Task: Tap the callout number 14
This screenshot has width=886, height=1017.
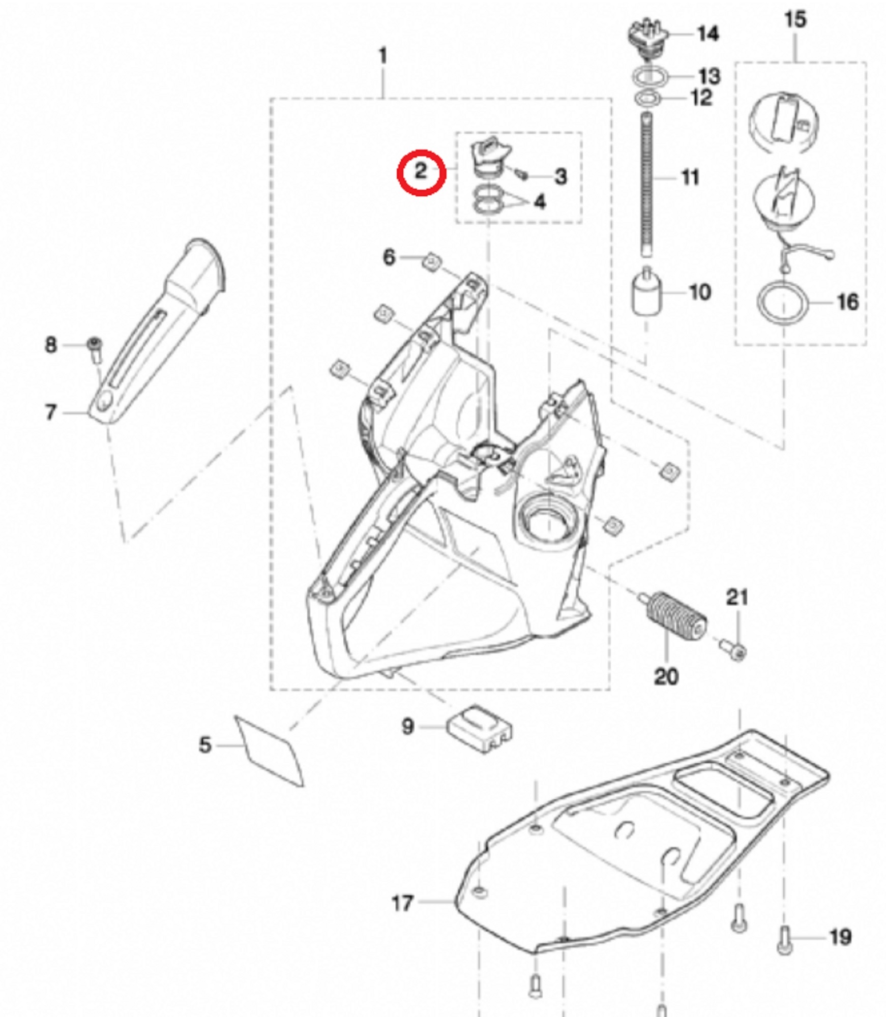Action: tap(707, 34)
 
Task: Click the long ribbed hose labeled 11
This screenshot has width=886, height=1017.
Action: tap(647, 186)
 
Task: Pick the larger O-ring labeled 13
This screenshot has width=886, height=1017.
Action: tap(650, 77)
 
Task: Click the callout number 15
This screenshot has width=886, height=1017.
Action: tap(795, 20)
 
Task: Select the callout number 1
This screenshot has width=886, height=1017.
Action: tap(383, 56)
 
